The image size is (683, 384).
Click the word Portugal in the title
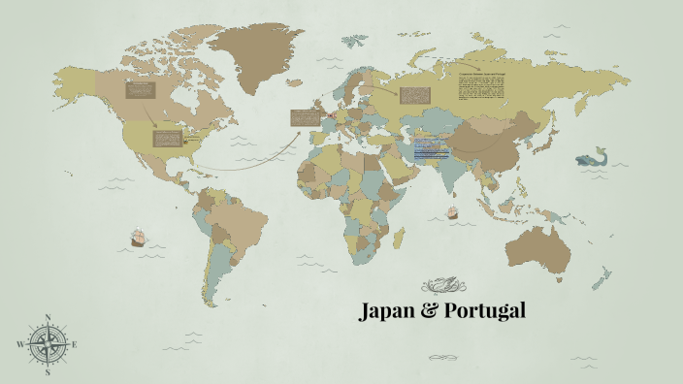tap(484, 312)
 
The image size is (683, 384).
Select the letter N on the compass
tap(47, 317)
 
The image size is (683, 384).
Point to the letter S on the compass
tap(47, 371)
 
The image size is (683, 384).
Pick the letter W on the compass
tap(19, 344)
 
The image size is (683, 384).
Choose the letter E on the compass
tap(74, 344)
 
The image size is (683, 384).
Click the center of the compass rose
tap(47, 344)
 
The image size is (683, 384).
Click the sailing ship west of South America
tap(139, 238)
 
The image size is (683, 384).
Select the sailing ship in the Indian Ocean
tap(450, 209)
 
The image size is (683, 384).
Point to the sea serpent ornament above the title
tap(445, 285)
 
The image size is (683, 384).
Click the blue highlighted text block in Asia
tap(432, 150)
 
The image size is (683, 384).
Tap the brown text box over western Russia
tap(413, 95)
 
